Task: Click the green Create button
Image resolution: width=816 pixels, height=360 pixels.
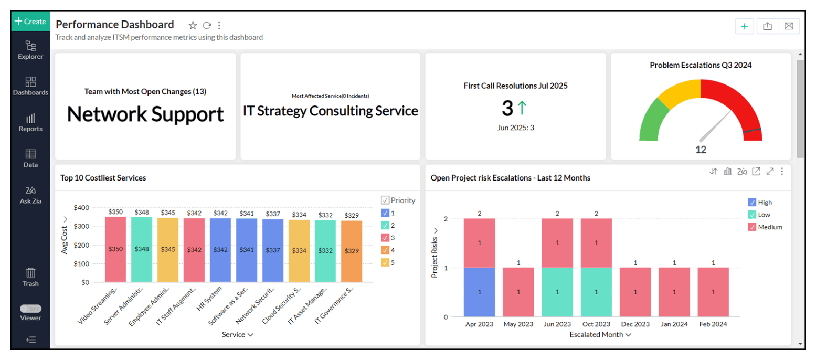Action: (x=30, y=22)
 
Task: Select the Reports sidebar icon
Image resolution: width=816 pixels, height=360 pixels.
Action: (x=30, y=122)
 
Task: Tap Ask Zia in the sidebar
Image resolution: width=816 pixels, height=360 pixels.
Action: (x=30, y=194)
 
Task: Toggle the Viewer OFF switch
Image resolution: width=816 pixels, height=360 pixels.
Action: (x=30, y=309)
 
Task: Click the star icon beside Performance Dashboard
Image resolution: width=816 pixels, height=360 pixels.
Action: (x=193, y=25)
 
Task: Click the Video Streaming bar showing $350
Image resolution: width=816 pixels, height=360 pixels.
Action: (x=115, y=249)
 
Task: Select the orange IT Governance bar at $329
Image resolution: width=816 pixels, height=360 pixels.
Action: (x=352, y=251)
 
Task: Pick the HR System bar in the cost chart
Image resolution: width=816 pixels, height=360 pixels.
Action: (x=220, y=250)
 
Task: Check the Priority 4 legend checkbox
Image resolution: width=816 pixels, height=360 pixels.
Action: (x=385, y=250)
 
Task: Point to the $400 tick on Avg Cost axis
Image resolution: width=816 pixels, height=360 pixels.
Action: (x=81, y=208)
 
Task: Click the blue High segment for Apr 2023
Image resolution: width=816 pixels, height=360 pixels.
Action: (x=479, y=292)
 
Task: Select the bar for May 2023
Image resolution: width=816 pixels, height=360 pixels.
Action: (x=518, y=292)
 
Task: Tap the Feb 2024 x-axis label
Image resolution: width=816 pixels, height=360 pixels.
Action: (x=713, y=324)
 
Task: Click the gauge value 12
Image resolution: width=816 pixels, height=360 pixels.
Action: (x=701, y=150)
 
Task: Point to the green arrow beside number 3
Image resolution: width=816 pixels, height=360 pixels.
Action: (x=522, y=108)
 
